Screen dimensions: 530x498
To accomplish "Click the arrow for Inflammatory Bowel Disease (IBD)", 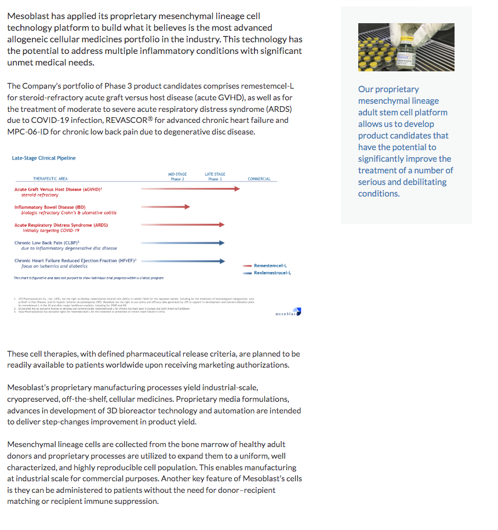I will click(x=165, y=206).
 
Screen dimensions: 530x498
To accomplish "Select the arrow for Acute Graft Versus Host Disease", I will click(x=190, y=188).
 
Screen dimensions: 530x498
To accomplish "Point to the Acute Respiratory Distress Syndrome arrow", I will click(x=183, y=224).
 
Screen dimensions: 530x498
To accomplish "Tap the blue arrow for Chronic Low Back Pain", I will click(x=183, y=243).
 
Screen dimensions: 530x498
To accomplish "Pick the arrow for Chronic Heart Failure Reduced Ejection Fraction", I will click(x=183, y=261).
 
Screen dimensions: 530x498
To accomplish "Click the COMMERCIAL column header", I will click(x=259, y=179).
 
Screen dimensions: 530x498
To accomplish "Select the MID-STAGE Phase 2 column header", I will click(x=177, y=176).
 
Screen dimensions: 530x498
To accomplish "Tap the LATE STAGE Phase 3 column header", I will click(x=215, y=176).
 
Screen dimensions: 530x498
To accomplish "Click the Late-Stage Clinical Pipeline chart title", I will click(x=43, y=158).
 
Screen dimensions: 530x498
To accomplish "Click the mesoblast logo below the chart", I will click(x=288, y=314).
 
